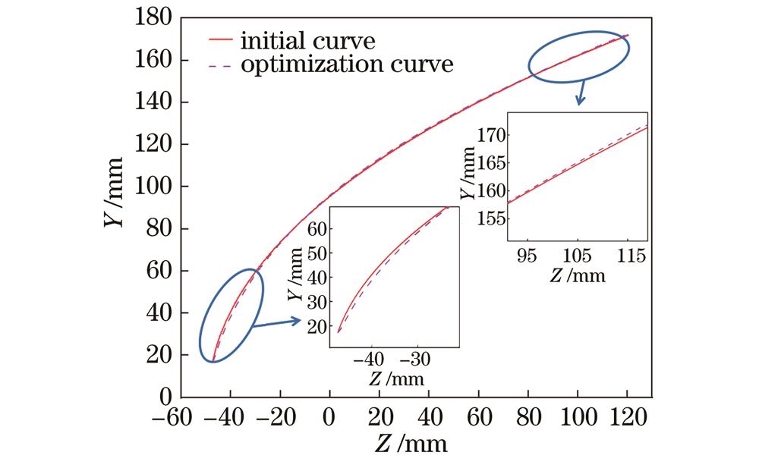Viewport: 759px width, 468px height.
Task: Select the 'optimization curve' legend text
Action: pos(346,64)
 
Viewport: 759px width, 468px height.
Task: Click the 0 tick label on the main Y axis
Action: pos(164,397)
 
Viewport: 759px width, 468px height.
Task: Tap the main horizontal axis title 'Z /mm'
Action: pos(411,442)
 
